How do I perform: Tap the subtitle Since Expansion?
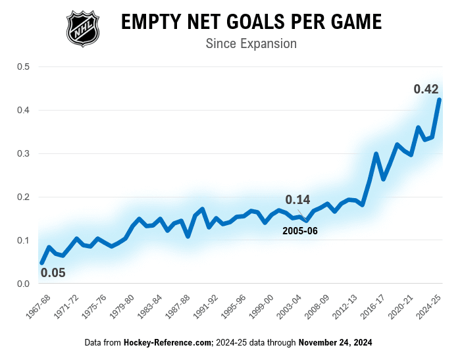click(251, 44)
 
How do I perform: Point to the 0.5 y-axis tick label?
click(23, 66)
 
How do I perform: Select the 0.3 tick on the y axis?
click(23, 153)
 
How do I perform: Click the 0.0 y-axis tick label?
click(23, 284)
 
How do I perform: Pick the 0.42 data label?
click(426, 88)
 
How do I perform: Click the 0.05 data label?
click(53, 272)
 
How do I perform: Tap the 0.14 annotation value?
click(298, 199)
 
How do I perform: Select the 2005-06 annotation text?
click(300, 231)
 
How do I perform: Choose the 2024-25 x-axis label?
click(430, 305)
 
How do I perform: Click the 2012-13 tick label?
click(346, 305)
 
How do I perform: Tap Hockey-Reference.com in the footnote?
click(168, 343)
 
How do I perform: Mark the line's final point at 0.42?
click(439, 99)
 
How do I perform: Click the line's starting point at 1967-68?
click(41, 263)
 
